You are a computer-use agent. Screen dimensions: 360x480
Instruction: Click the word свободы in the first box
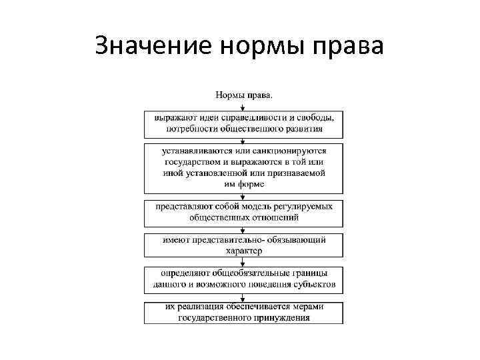tap(315, 118)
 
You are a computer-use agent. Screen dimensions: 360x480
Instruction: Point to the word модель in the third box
tap(253, 207)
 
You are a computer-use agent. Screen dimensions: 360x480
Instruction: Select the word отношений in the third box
tap(274, 217)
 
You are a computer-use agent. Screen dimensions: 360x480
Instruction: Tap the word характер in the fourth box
tap(244, 251)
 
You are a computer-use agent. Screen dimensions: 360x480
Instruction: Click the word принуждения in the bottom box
tap(285, 319)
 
